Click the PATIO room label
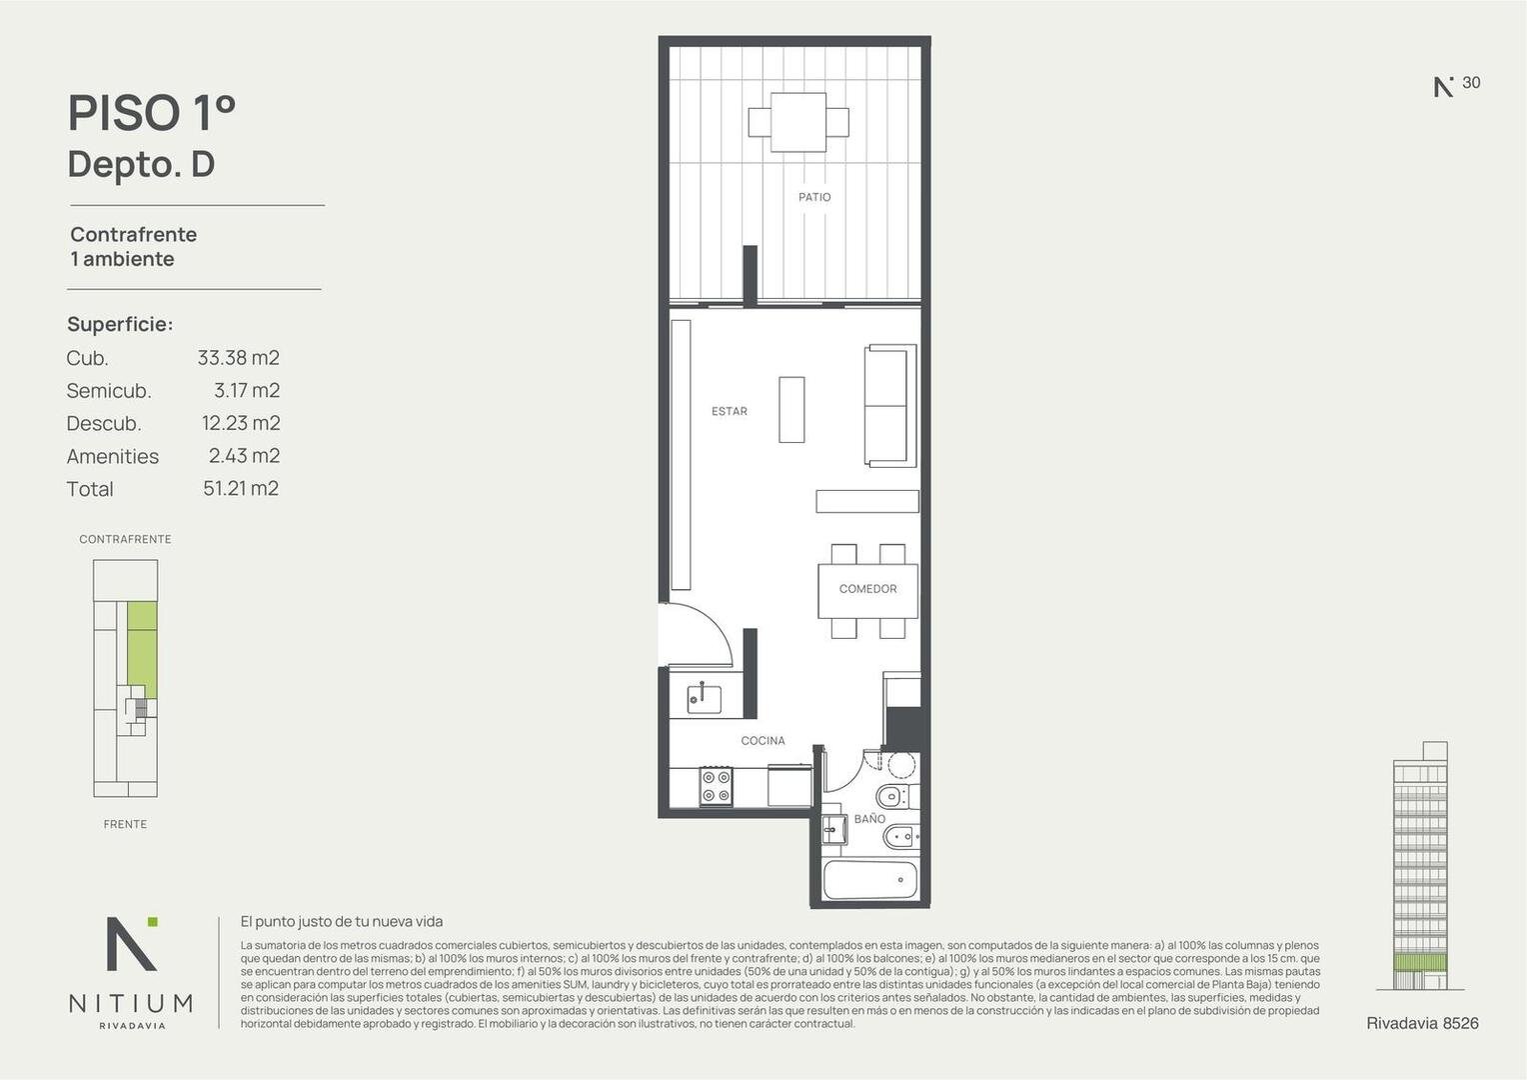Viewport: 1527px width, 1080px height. (x=814, y=197)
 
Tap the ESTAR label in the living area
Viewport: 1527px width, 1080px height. (x=730, y=411)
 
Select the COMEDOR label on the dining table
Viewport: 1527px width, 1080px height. (x=867, y=589)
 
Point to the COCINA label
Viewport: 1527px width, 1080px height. (x=763, y=740)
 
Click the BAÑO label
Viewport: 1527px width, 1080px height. (x=869, y=819)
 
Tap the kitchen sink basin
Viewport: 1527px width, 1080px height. (x=705, y=699)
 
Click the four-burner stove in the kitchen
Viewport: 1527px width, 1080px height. (x=717, y=786)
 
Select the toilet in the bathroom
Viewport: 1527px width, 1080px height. (x=893, y=796)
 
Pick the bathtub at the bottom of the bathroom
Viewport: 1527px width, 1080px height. (x=869, y=880)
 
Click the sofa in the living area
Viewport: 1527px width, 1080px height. (x=889, y=406)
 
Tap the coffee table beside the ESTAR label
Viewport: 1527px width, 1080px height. (x=791, y=409)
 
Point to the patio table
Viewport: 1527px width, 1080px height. (x=798, y=122)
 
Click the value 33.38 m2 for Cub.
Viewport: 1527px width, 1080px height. (x=239, y=357)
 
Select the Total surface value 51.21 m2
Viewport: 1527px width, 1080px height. (x=241, y=488)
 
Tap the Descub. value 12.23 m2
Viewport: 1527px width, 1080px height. (x=241, y=423)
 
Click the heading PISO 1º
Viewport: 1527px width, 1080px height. (x=152, y=113)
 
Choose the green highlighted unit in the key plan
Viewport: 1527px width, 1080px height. (x=143, y=650)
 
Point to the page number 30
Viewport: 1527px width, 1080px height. (x=1471, y=83)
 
